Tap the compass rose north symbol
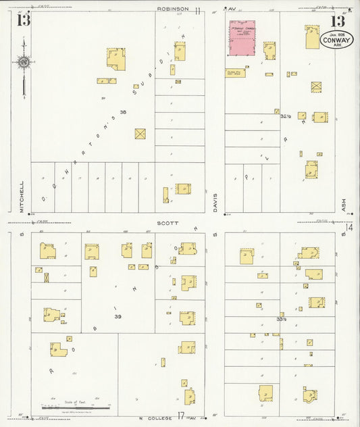pos(24,64)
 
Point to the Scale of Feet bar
pos(76,407)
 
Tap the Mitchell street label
pos(22,197)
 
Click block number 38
pos(123,111)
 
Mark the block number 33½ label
pos(281,318)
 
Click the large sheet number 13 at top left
pos(24,18)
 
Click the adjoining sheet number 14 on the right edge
pos(349,228)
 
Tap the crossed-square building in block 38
pos(140,134)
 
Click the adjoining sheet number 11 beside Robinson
pos(198,10)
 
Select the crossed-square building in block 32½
pos(316,86)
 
